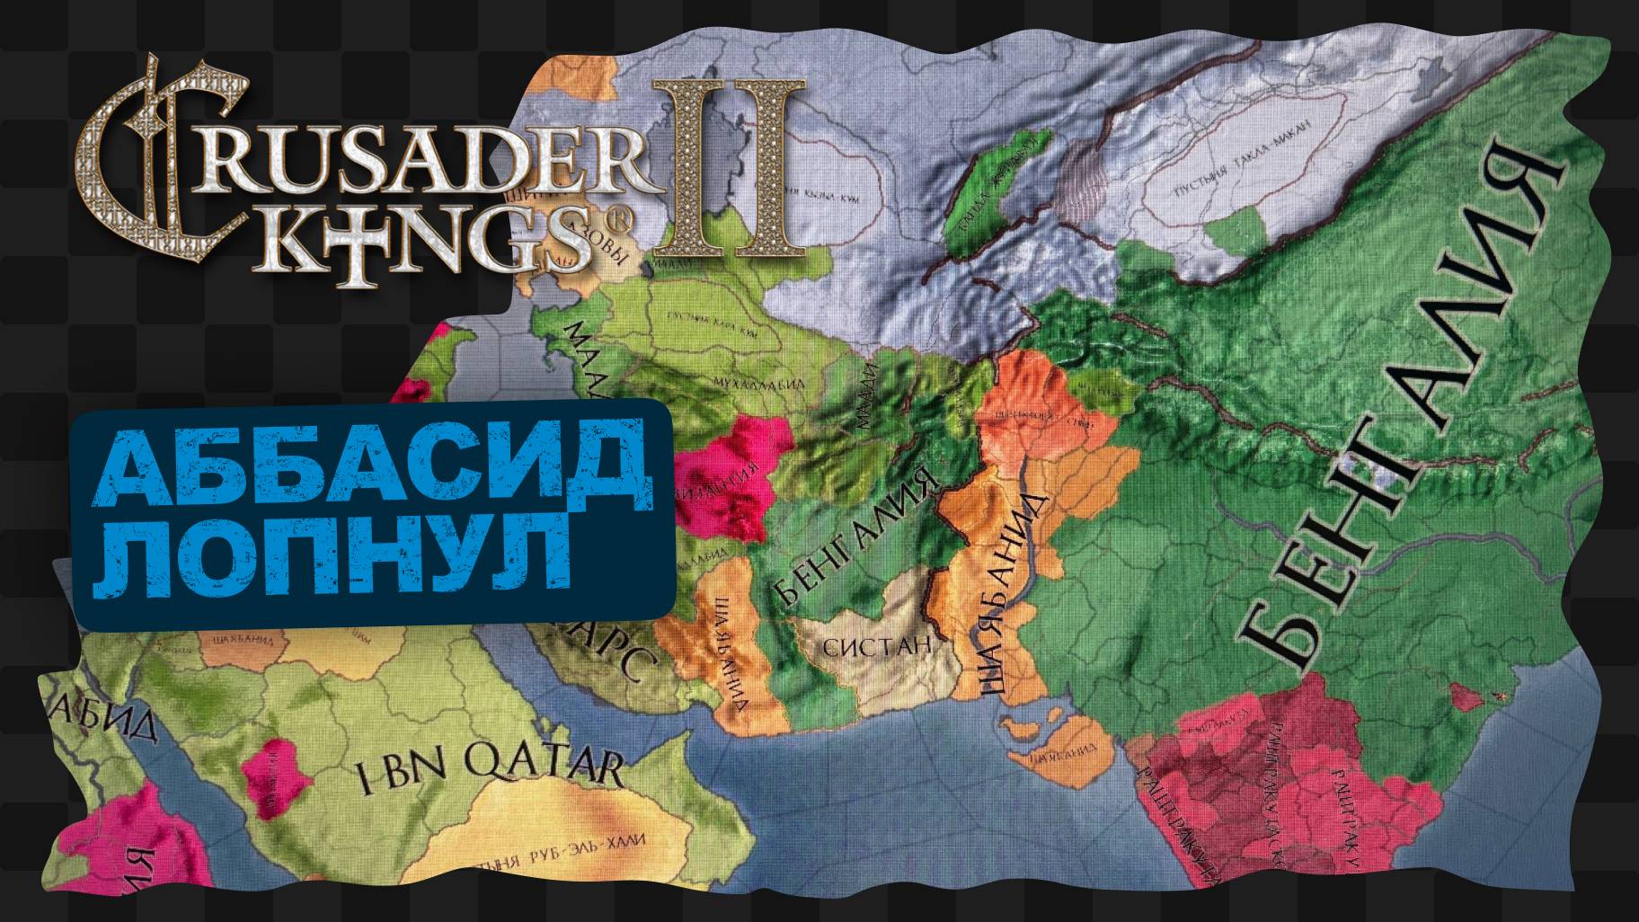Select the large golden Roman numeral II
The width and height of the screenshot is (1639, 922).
pos(728,166)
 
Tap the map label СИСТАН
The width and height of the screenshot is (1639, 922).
pos(876,645)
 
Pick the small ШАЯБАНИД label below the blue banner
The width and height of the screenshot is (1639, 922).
pos(241,640)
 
